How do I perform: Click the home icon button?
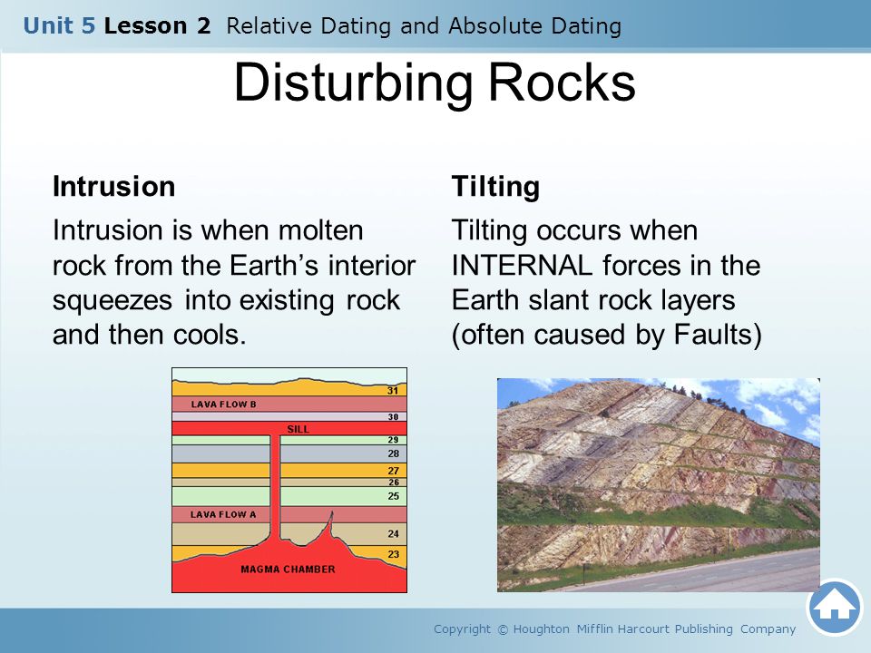835,608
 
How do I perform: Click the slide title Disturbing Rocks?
435,83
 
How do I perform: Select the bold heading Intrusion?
114,186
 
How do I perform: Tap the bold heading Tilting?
495,187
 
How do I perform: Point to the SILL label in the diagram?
298,429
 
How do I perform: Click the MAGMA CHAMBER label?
288,570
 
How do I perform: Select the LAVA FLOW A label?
223,515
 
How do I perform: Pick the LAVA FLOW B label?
224,404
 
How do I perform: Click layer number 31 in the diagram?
393,390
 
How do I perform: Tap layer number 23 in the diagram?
393,553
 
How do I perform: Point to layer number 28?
393,453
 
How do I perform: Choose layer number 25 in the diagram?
393,496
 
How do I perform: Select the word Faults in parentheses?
713,335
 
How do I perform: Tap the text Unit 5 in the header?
60,25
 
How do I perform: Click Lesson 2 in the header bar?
157,25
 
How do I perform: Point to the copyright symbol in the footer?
503,629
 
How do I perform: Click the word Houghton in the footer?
541,629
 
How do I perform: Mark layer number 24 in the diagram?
393,533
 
